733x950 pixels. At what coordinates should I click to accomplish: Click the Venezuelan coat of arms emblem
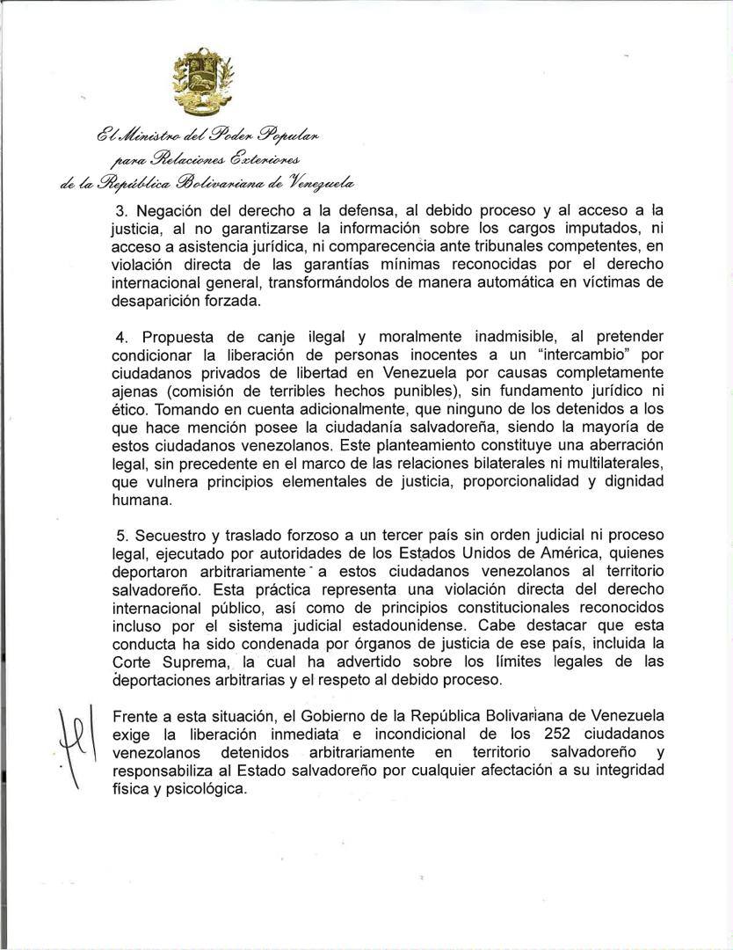tap(203, 83)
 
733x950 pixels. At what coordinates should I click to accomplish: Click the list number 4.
tap(122, 338)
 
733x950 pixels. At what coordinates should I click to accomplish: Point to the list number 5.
tap(122, 536)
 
